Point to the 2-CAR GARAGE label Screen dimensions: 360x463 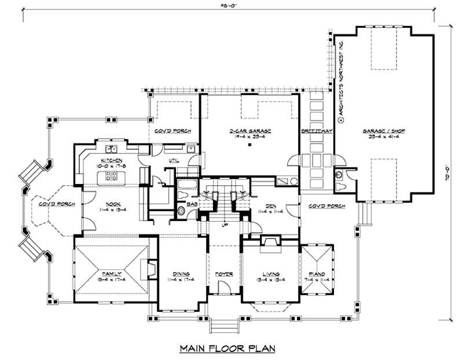250,132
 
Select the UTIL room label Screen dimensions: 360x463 173,160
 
